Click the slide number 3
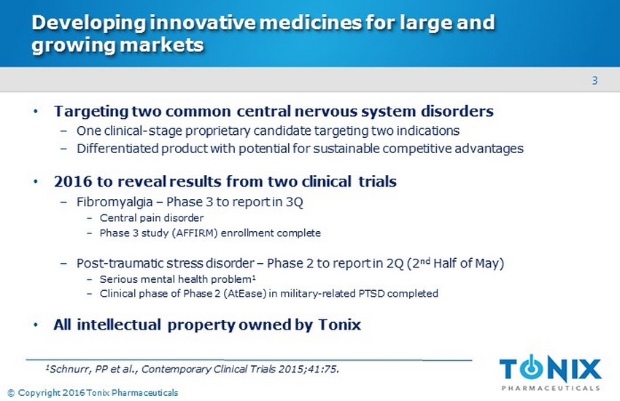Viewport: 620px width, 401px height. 594,81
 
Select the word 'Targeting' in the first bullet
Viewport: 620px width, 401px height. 91,112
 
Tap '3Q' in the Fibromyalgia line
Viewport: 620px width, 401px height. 295,202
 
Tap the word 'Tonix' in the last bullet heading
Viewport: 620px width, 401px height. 339,324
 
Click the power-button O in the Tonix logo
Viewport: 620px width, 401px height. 531,368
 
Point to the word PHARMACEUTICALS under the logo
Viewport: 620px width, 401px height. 551,388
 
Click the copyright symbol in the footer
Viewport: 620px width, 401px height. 11,393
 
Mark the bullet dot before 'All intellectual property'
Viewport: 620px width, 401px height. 36,325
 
